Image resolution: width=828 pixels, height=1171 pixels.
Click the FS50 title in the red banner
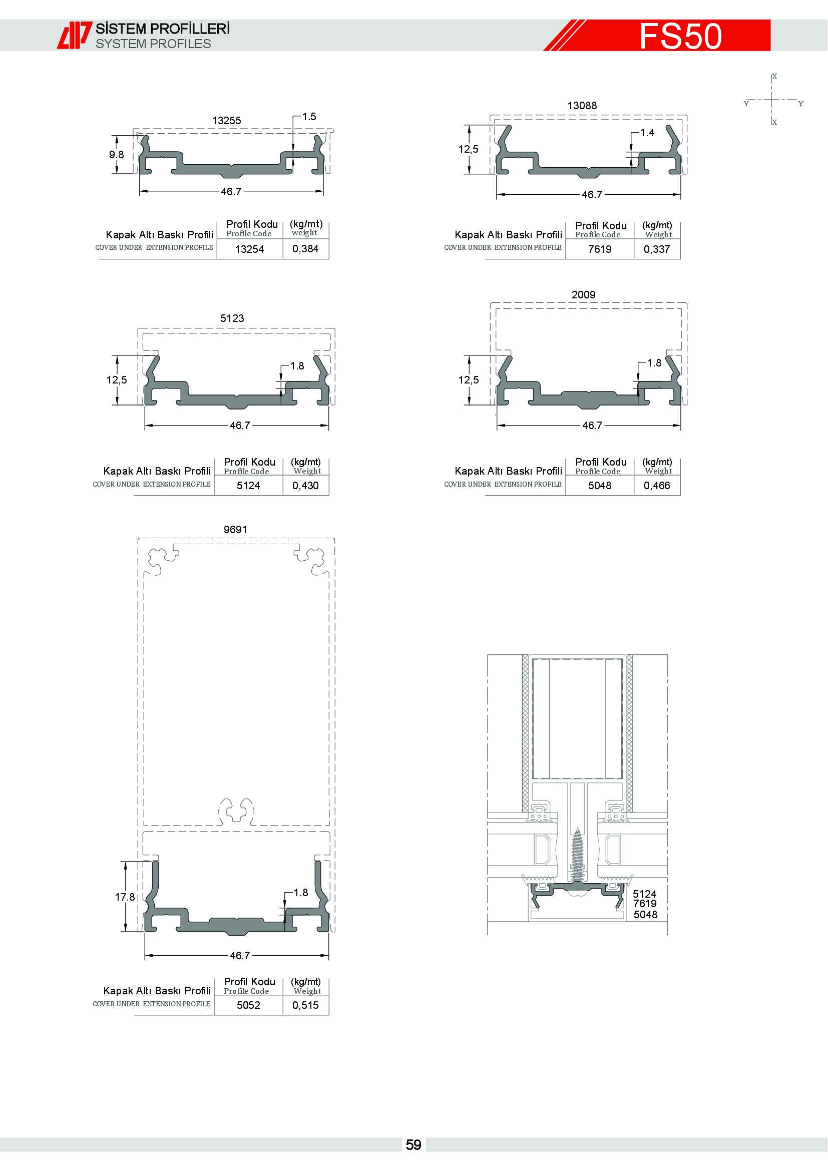pos(680,36)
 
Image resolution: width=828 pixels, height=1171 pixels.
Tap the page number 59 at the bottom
pos(413,1145)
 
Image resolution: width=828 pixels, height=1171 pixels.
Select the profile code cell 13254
pos(249,249)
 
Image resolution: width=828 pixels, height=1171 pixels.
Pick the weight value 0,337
pos(657,249)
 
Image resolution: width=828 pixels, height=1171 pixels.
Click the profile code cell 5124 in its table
pos(248,486)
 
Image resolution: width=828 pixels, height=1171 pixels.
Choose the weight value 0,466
pos(657,486)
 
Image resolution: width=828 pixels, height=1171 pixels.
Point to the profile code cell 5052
pos(248,1005)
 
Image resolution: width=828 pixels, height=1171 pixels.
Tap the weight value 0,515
pos(305,1005)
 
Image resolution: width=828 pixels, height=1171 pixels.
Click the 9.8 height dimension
pos(116,155)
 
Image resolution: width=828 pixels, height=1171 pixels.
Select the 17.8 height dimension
pos(125,897)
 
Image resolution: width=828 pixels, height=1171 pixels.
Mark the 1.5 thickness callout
pos(309,117)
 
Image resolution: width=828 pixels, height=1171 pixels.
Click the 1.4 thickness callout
pos(647,133)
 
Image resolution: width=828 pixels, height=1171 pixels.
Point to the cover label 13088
pos(582,106)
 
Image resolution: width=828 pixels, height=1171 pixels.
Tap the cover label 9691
pos(235,529)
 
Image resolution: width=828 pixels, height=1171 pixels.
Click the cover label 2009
pos(583,295)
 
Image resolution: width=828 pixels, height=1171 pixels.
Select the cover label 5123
pos(232,318)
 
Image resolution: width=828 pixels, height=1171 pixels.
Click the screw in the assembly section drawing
pos(577,857)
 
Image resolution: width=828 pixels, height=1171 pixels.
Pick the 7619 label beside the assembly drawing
pos(644,904)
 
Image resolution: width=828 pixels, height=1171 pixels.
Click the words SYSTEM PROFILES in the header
pos(153,45)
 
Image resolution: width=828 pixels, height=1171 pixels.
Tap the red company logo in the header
pos(75,35)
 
